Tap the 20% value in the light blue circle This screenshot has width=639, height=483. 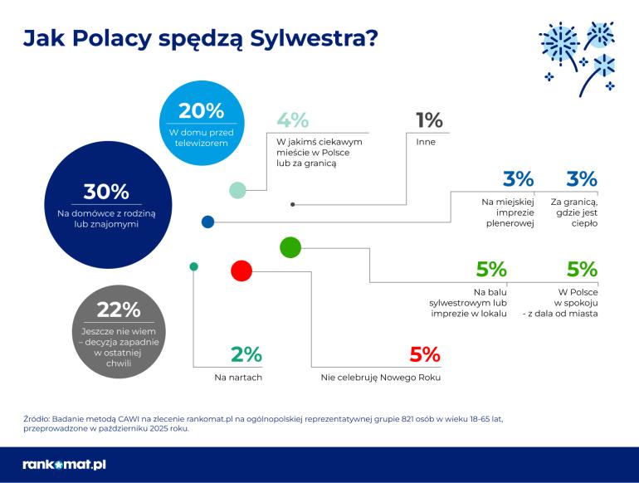(202, 111)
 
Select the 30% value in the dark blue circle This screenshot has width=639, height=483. (106, 193)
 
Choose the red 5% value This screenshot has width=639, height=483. (424, 355)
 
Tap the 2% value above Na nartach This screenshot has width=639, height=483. (246, 355)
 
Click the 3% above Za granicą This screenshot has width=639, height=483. (582, 178)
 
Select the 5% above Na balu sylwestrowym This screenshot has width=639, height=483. (491, 269)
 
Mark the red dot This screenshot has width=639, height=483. (241, 271)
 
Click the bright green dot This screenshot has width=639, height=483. (290, 246)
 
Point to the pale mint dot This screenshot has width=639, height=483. (237, 190)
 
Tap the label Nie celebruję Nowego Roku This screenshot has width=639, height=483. (380, 378)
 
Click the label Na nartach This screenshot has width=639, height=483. (238, 378)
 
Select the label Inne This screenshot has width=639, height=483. (426, 142)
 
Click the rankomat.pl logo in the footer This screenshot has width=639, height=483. (64, 465)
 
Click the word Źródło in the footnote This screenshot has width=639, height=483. (39, 419)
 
